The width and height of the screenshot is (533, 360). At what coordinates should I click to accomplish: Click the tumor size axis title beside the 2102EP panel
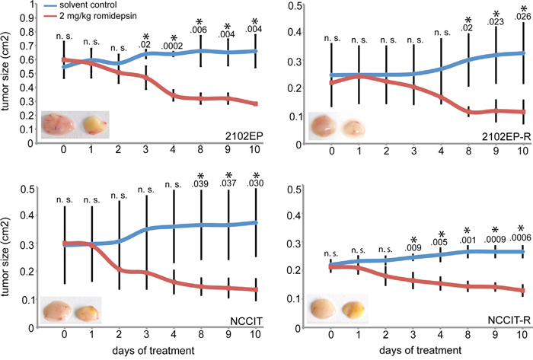pyautogui.click(x=9, y=74)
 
